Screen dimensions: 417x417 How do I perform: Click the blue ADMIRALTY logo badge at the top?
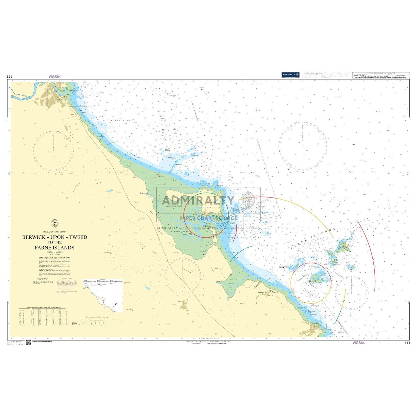coord(290,75)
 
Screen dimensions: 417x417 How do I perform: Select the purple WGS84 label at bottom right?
coord(358,342)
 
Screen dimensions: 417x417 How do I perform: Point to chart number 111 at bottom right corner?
coord(407,342)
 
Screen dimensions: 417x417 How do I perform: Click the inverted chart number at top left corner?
coord(9,77)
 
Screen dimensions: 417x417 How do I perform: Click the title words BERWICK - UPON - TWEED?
coord(55,237)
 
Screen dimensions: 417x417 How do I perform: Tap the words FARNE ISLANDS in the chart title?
coord(54,247)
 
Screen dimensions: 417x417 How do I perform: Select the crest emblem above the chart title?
coord(54,224)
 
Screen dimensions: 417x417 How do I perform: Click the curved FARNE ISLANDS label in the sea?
coord(313,240)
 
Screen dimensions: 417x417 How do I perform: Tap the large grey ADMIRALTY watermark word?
coord(198,201)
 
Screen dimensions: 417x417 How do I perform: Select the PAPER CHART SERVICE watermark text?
coord(208,218)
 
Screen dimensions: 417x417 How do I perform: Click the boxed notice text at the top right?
coord(381,75)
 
